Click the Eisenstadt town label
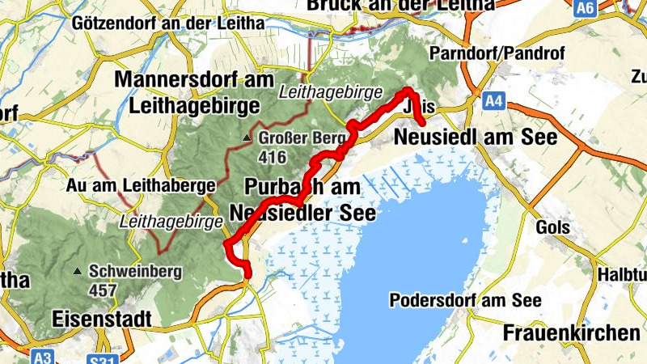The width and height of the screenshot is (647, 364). click(x=101, y=319)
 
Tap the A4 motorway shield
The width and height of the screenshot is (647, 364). click(x=493, y=101)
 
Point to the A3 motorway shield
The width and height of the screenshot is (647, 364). click(x=42, y=356)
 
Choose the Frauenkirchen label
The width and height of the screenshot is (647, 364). click(x=571, y=332)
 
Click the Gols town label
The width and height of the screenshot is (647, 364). click(x=552, y=228)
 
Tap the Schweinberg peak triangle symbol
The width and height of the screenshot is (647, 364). click(x=77, y=271)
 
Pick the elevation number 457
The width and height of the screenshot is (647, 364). click(x=104, y=289)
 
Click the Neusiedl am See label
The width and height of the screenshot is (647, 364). click(x=475, y=138)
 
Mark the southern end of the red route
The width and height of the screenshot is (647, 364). click(x=246, y=274)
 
